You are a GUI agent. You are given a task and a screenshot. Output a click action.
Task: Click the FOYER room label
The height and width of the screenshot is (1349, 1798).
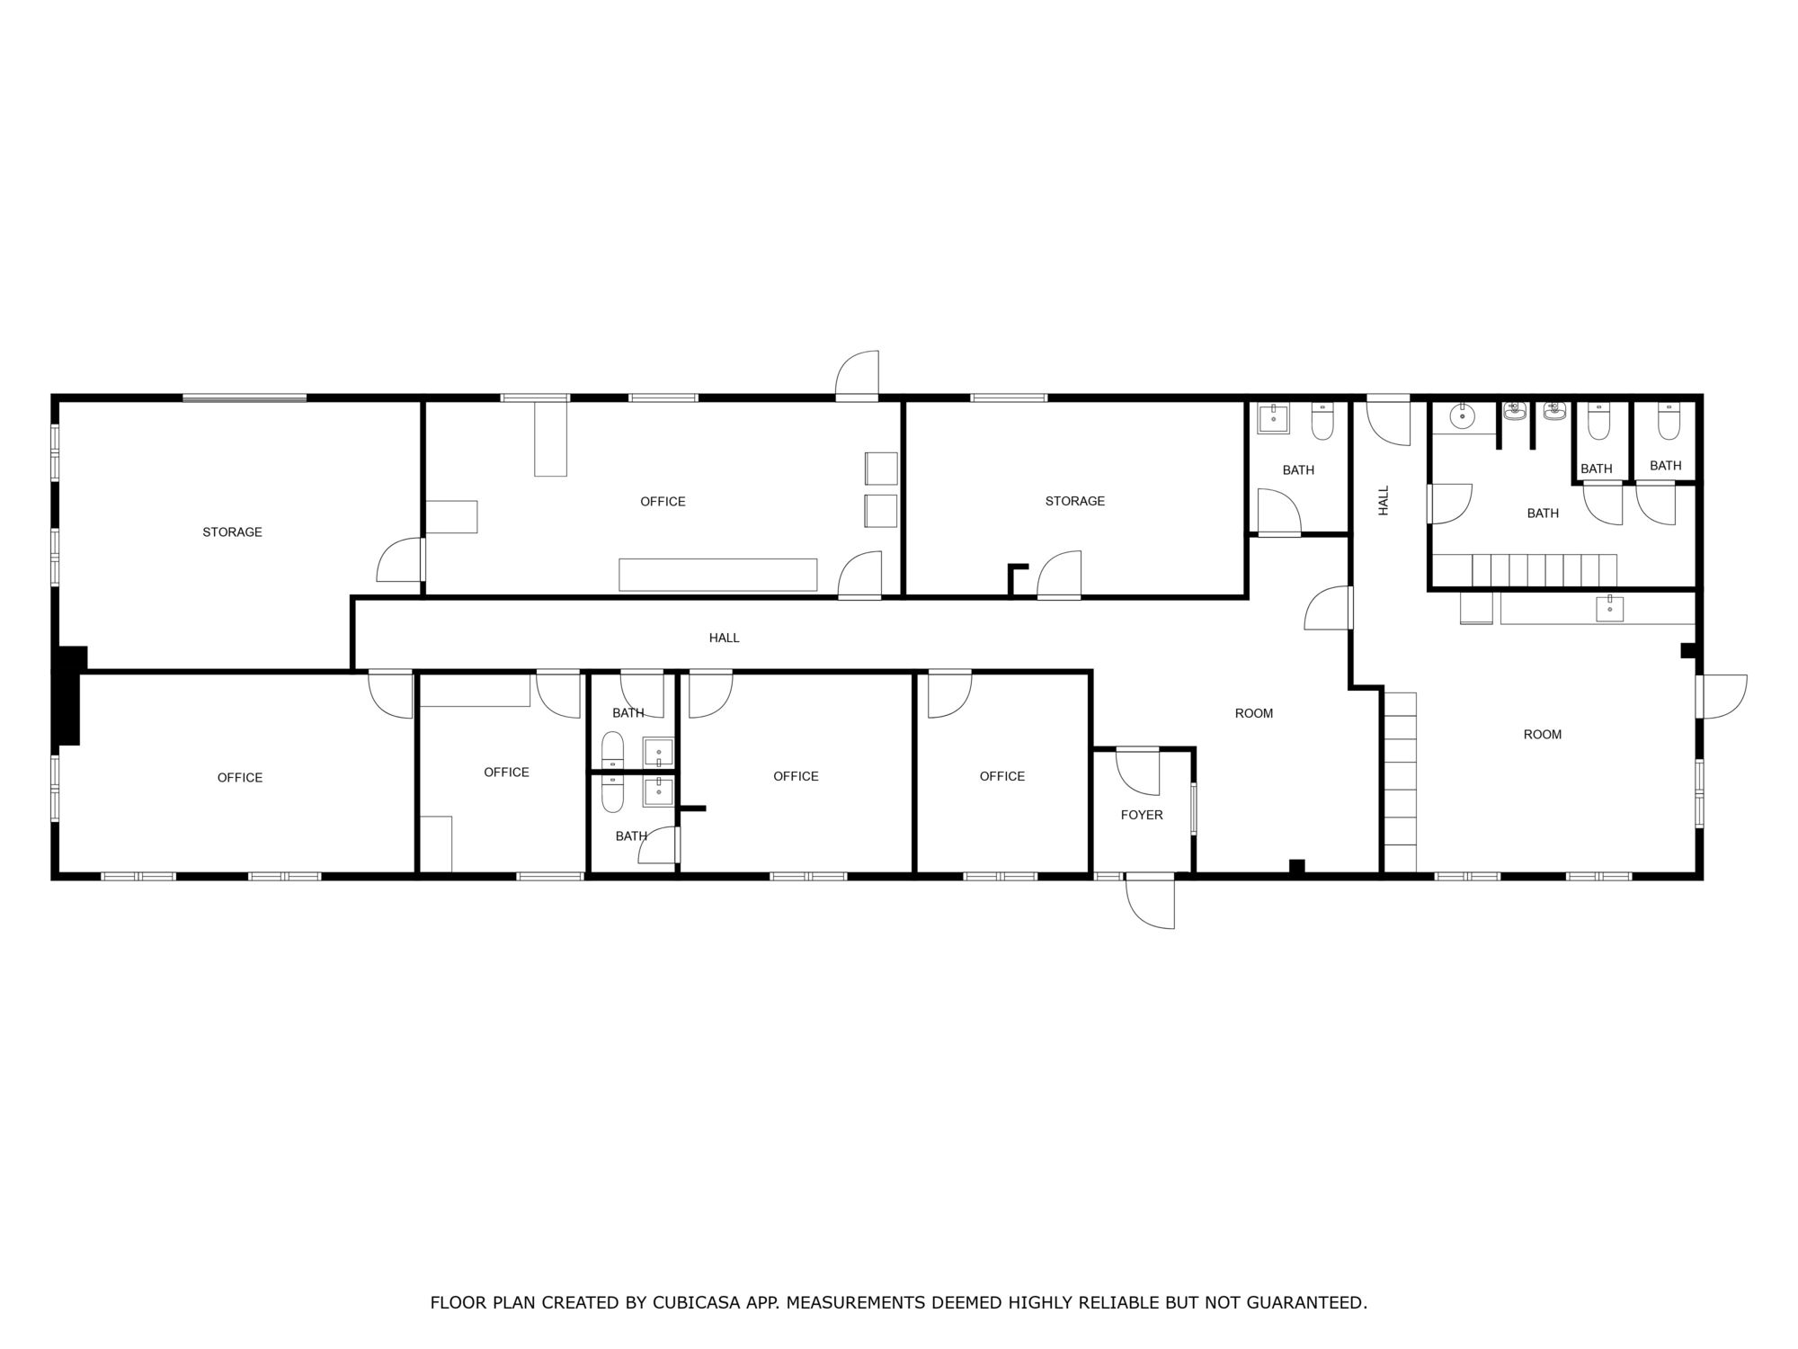point(1142,815)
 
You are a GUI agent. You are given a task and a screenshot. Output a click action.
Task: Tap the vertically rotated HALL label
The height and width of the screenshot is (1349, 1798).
point(1384,500)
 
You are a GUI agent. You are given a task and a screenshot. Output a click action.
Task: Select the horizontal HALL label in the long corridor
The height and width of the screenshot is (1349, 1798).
point(724,638)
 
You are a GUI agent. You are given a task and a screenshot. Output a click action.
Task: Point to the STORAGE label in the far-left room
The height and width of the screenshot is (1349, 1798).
point(232,532)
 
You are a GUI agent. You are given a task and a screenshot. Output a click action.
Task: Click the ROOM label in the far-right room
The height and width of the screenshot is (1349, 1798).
point(1543,734)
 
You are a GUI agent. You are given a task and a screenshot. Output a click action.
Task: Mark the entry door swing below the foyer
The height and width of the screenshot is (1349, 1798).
point(1151,901)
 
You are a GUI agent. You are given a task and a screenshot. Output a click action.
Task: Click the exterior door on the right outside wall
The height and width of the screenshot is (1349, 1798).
point(1722,697)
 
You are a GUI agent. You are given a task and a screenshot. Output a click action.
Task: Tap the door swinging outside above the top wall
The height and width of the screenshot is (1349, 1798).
point(857,374)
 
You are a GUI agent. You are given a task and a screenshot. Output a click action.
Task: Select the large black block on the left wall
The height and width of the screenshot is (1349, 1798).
point(68,695)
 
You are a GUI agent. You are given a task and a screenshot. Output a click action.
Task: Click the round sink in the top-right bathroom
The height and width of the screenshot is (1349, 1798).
point(1463,415)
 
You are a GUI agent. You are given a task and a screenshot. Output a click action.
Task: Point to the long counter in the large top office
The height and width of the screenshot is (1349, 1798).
point(717,575)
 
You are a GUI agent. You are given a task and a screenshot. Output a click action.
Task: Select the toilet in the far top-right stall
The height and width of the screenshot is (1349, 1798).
point(1669,422)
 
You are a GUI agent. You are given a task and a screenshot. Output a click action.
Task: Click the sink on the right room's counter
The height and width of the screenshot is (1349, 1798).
point(1609,609)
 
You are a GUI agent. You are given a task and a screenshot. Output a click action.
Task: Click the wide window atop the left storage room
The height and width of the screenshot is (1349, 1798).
point(245,398)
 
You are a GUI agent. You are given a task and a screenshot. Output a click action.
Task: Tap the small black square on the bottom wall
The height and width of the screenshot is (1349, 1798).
point(1296,867)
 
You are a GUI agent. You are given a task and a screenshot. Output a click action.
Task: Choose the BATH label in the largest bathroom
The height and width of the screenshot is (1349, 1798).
point(1543,513)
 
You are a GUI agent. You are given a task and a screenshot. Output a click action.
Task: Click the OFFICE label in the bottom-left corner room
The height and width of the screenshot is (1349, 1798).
point(240,777)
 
